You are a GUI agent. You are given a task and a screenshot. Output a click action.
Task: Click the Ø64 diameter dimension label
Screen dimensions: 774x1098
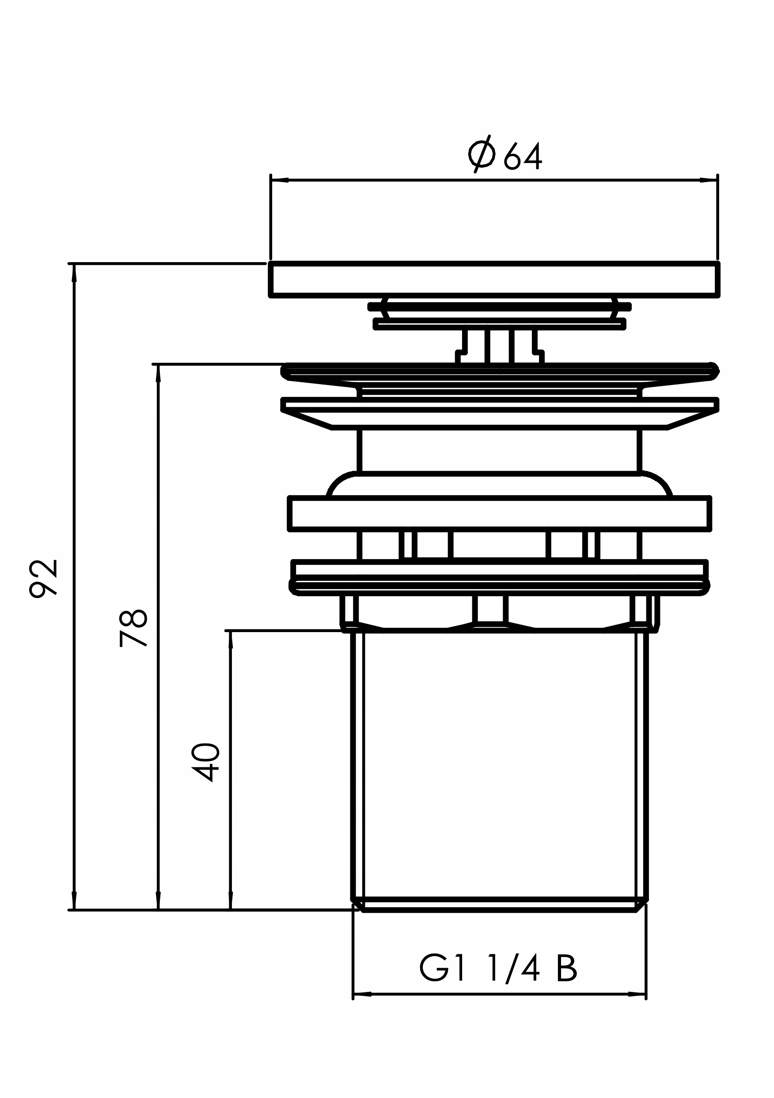(x=505, y=154)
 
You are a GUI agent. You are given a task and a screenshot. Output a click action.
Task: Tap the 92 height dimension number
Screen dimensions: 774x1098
(x=43, y=578)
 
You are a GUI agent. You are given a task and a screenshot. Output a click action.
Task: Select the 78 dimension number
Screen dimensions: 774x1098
(x=133, y=628)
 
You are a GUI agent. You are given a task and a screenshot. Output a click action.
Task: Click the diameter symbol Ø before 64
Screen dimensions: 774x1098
(x=482, y=154)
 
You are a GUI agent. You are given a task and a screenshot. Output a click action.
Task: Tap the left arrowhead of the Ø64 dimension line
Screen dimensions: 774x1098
(x=279, y=180)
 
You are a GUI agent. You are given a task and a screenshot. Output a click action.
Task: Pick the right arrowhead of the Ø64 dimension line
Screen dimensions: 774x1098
(x=709, y=180)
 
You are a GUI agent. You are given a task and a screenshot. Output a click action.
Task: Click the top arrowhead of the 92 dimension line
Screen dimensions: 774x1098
(x=74, y=273)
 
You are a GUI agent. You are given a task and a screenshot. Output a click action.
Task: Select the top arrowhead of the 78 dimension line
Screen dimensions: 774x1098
(x=158, y=374)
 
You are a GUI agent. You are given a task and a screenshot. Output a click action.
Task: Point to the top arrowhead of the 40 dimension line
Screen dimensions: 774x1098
(x=231, y=640)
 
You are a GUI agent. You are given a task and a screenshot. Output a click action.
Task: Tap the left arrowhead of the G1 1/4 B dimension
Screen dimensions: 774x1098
(x=362, y=994)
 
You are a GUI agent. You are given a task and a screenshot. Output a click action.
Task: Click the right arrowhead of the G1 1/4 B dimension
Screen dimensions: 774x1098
(x=637, y=994)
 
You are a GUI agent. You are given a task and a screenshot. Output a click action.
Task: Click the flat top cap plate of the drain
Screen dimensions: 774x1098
(x=494, y=280)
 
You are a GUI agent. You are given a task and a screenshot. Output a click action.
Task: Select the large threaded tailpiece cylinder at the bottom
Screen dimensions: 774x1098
(x=499, y=771)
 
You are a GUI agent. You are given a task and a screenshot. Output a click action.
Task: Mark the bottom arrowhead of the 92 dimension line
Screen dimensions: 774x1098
(x=74, y=900)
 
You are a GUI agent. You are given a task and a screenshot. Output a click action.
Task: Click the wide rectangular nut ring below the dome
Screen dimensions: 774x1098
(x=500, y=514)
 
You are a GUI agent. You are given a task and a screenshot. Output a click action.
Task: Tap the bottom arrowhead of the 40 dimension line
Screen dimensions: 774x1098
(x=231, y=900)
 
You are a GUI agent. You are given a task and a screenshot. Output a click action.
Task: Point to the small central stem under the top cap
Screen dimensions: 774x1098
(x=500, y=347)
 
